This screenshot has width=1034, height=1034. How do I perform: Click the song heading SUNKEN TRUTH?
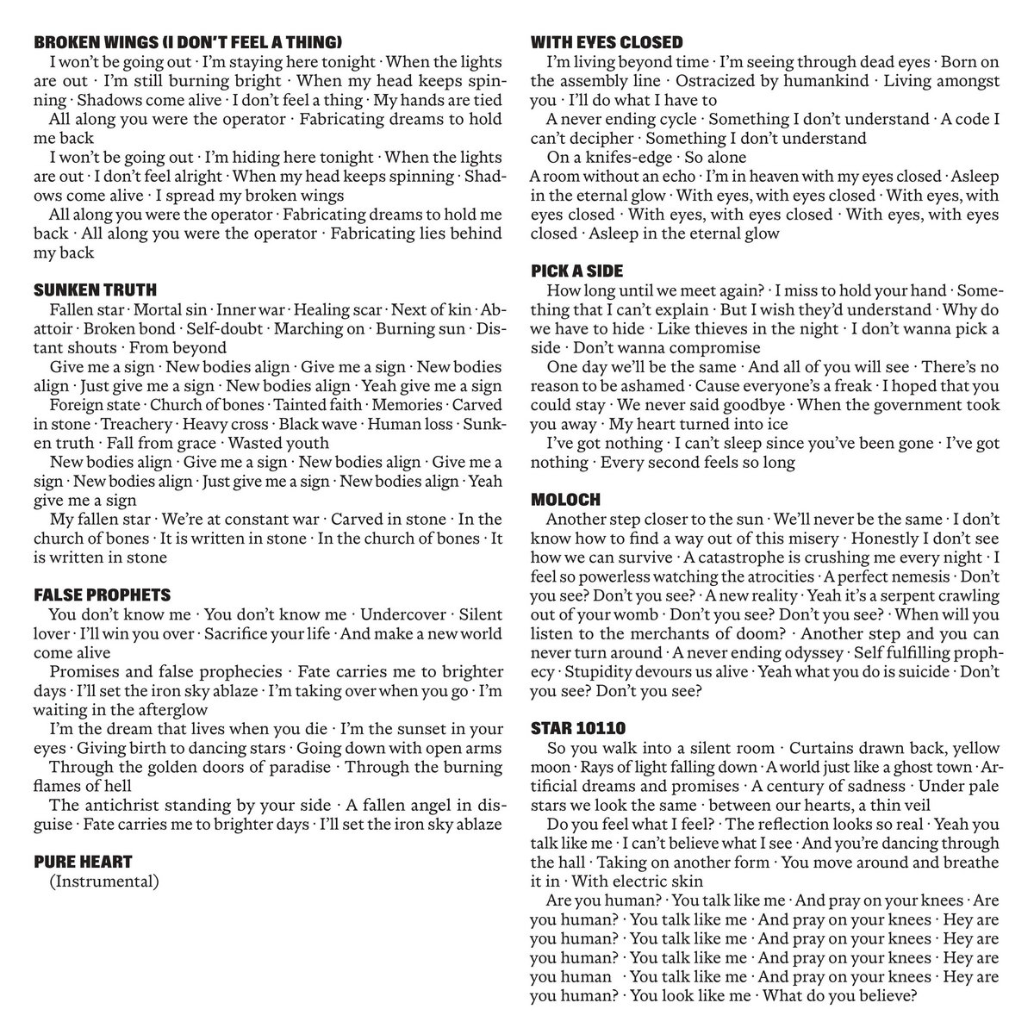coord(96,290)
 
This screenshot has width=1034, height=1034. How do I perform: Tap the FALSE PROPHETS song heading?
coord(102,595)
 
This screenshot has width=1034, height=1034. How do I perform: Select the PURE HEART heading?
coord(84,861)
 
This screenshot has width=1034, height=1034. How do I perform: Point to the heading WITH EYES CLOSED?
coord(607,42)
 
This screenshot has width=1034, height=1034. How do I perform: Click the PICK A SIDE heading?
coord(576,271)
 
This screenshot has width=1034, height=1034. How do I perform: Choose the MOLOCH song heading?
coord(565,500)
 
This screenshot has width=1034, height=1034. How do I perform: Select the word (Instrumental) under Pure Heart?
coord(105,881)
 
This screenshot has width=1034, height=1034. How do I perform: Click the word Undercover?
coord(403,614)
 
